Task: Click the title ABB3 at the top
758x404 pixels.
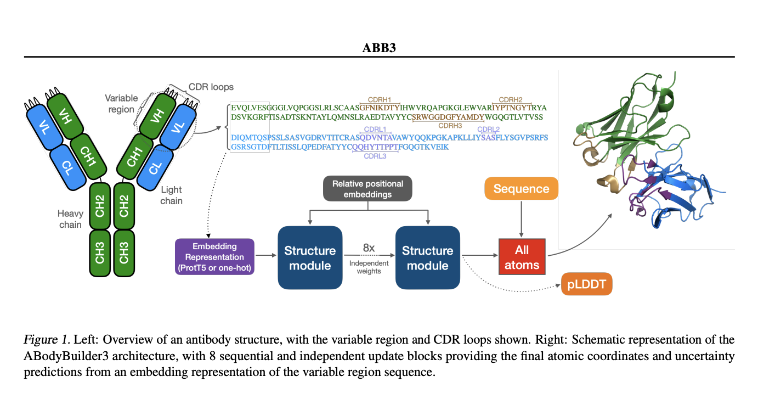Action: click(x=379, y=48)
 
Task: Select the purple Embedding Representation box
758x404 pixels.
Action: click(x=214, y=256)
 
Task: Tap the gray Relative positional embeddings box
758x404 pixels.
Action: click(x=367, y=189)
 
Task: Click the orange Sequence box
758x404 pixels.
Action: click(x=521, y=189)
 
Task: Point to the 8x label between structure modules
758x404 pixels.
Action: click(x=369, y=248)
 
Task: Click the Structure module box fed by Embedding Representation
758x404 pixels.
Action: click(x=309, y=258)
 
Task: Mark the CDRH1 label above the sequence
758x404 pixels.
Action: click(x=380, y=99)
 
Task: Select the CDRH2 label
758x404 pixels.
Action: click(x=511, y=99)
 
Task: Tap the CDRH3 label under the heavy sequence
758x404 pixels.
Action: click(x=450, y=126)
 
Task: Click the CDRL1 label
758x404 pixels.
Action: click(x=375, y=130)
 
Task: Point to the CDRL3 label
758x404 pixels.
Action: click(x=375, y=156)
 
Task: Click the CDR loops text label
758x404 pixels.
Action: click(x=211, y=87)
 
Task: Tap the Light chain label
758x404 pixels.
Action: click(x=171, y=195)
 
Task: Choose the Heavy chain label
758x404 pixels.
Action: click(x=70, y=218)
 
